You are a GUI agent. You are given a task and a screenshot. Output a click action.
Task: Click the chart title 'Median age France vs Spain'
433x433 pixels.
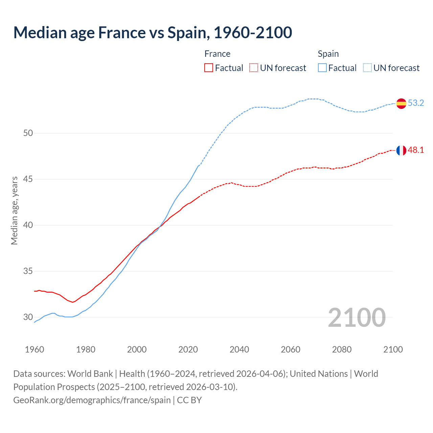(153, 32)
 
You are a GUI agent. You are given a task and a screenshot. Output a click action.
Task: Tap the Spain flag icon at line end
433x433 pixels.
(401, 104)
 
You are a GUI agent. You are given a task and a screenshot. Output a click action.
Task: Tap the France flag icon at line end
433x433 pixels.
(401, 151)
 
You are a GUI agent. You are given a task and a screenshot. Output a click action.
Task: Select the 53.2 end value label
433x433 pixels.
(416, 103)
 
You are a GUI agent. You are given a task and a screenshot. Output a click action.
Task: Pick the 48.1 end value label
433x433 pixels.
(416, 150)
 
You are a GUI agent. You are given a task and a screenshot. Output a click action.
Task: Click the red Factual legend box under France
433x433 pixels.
(209, 68)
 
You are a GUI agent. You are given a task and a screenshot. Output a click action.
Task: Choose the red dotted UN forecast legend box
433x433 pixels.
(254, 68)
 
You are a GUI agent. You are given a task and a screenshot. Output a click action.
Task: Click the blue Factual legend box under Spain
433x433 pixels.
(322, 68)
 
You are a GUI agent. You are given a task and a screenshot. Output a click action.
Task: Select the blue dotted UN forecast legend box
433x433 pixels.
(367, 68)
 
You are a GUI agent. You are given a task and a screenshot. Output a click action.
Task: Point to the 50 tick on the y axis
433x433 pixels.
(28, 133)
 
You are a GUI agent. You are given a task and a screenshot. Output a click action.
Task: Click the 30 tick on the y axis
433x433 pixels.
(28, 317)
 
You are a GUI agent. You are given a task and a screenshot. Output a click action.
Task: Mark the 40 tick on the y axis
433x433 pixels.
(28, 225)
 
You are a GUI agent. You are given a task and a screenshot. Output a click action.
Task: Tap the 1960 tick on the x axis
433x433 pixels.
(35, 349)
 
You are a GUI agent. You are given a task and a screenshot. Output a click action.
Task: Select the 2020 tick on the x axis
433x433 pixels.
(188, 349)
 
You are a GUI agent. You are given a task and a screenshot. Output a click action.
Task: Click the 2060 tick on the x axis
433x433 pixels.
(291, 349)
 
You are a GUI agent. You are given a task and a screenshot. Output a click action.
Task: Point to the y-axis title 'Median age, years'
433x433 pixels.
(14, 210)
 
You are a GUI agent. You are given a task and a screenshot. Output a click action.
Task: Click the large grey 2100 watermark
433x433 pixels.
(357, 317)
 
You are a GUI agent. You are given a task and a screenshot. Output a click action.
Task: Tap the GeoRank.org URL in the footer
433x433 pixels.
(92, 400)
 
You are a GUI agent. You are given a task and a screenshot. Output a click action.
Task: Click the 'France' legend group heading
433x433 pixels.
(218, 54)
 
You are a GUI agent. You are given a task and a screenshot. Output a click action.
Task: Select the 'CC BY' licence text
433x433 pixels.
(189, 400)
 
